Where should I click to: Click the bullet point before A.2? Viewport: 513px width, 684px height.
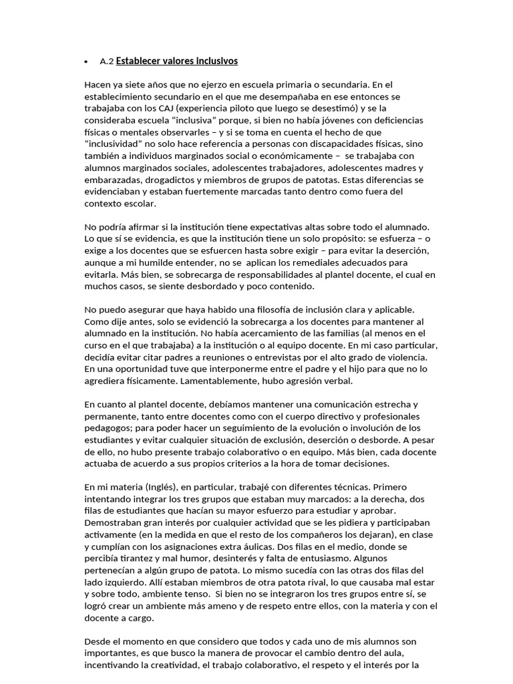click(87, 62)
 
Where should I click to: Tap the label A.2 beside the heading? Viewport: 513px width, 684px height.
click(106, 61)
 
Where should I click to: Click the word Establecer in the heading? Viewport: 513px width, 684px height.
click(140, 61)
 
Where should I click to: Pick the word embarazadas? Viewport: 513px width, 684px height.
click(112, 180)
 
